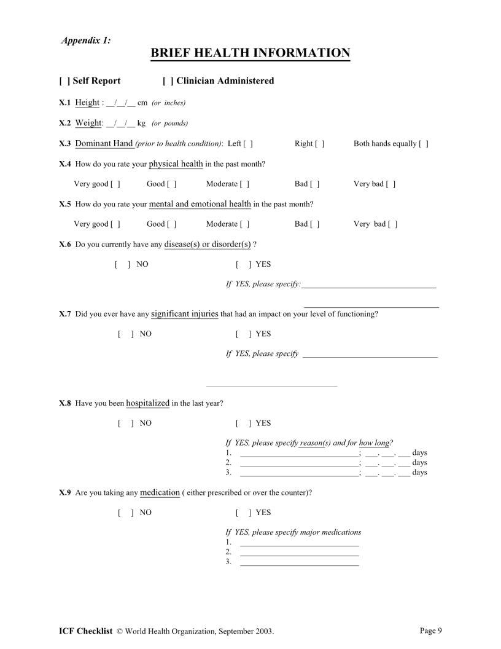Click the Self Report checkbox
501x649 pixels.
[x=63, y=81]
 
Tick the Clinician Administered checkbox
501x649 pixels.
[x=167, y=81]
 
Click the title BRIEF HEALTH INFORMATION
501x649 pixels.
[x=251, y=53]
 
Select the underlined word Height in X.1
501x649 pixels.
[x=87, y=103]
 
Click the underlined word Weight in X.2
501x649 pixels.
[x=88, y=123]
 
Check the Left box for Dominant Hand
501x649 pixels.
[x=248, y=144]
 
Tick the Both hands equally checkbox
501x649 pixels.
[x=424, y=144]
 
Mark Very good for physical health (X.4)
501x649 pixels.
[x=115, y=184]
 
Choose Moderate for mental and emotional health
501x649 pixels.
[x=244, y=224]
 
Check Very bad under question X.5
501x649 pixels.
[x=393, y=224]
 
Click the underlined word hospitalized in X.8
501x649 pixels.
[x=147, y=403]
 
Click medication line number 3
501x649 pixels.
[x=299, y=562]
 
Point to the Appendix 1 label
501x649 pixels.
[x=86, y=40]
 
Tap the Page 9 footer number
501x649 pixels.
[x=431, y=630]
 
